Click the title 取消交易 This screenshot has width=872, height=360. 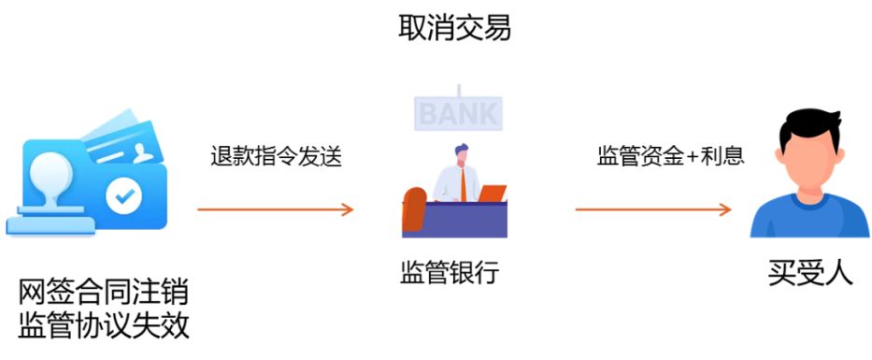click(454, 28)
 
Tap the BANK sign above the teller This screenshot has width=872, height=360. click(458, 113)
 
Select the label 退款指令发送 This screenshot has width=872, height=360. click(276, 157)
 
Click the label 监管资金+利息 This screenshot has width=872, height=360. click(671, 156)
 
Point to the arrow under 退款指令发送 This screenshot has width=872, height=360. click(276, 209)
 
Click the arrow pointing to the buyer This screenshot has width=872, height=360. click(653, 209)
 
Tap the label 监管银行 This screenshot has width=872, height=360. click(450, 273)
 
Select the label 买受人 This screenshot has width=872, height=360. click(810, 273)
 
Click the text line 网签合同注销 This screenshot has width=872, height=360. click(104, 294)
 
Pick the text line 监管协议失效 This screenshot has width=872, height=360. click(104, 326)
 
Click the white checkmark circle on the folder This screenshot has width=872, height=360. click(124, 195)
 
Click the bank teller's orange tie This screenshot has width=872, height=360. click(464, 183)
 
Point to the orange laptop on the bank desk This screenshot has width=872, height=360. click(492, 193)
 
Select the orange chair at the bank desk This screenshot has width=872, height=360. click(413, 209)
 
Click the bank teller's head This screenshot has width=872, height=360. click(461, 154)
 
